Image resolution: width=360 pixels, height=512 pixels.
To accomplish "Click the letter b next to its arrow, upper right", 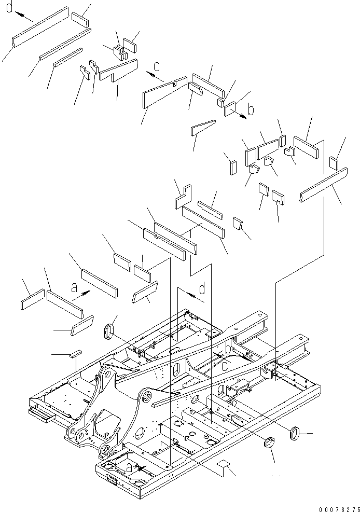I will tap(251, 110).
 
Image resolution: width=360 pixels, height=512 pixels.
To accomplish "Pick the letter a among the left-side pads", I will tap(74, 286).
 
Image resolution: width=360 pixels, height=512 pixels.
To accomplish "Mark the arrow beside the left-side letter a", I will tap(82, 295).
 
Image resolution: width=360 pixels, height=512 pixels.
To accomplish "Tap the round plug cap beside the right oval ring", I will tap(269, 443).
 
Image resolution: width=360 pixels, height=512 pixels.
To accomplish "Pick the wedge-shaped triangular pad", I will tap(202, 127).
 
